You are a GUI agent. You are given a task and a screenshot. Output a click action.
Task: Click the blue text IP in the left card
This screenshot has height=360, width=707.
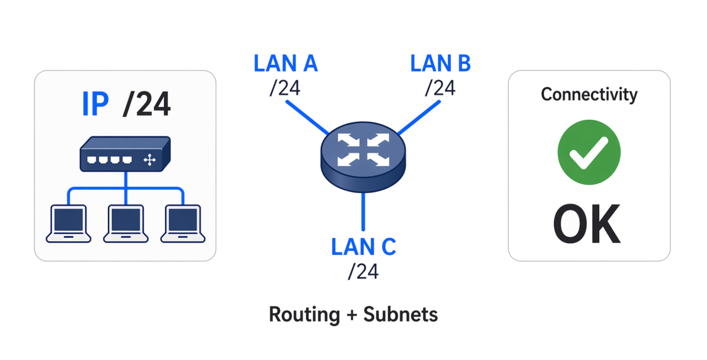coord(95,104)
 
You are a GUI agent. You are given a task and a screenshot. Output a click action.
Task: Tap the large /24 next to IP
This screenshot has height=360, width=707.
coord(147,104)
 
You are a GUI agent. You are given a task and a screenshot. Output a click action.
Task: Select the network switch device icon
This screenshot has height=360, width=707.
coord(125,154)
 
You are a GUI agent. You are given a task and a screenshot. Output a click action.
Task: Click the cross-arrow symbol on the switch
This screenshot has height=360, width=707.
coord(149,160)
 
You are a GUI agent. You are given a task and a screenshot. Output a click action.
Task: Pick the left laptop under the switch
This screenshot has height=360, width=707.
coord(69,224)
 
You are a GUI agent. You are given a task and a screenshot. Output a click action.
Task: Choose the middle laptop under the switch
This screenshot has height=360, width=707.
coord(126,224)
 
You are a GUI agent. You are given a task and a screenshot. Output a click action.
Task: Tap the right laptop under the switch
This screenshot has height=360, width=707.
coord(183,224)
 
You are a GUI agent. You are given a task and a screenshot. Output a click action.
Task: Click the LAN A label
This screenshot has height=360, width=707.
coord(285,64)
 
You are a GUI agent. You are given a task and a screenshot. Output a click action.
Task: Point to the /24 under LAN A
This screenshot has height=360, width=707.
coord(285,88)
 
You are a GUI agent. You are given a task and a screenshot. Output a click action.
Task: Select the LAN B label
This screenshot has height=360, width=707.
coord(440,64)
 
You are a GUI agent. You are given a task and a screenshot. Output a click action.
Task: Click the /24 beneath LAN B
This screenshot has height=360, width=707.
coord(440,88)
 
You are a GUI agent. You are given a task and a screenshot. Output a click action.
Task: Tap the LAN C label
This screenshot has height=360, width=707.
coord(363,247)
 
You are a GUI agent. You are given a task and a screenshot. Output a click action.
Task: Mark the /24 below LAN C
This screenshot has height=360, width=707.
coord(363,271)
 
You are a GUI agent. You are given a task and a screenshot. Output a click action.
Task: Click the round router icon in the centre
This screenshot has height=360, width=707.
coord(363,156)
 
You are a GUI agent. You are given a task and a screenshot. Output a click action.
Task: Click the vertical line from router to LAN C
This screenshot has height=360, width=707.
coord(363,211)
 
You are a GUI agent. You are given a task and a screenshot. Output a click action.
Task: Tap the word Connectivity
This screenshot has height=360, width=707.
coord(589,95)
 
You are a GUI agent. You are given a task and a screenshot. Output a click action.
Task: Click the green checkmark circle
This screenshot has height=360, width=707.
coord(589,152)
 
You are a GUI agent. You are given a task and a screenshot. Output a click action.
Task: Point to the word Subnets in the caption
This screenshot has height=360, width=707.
coord(400,314)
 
